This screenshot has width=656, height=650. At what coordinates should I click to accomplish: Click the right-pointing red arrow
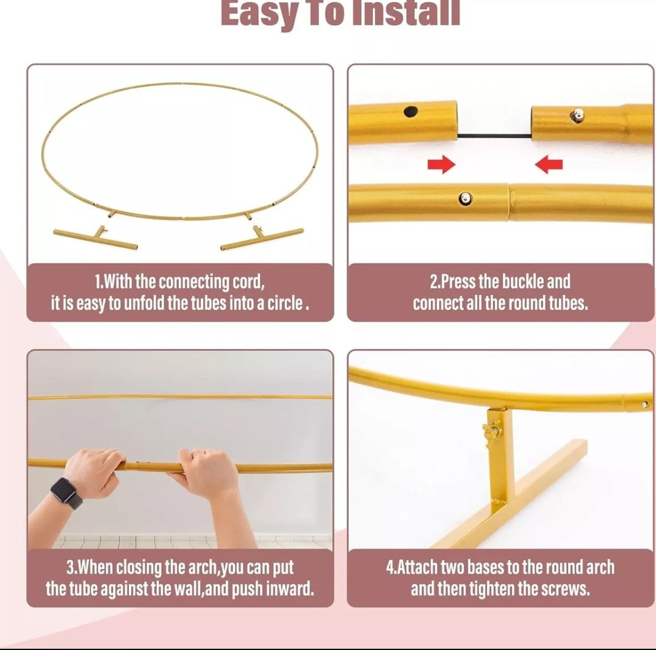point(441,164)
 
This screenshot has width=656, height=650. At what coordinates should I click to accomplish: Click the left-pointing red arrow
point(549,164)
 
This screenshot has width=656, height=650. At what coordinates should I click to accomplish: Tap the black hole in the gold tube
point(411,112)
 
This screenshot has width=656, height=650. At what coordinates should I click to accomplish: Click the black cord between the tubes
point(494,136)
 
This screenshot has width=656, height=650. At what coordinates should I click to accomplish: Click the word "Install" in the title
point(406,13)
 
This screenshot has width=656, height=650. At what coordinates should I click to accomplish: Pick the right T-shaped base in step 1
point(262,237)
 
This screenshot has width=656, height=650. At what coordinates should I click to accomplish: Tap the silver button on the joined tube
point(465,199)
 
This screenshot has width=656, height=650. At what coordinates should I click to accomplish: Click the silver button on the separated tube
point(577,115)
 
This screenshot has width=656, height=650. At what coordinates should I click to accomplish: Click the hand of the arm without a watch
point(205,473)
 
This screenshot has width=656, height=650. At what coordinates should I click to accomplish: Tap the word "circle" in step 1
point(285,303)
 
